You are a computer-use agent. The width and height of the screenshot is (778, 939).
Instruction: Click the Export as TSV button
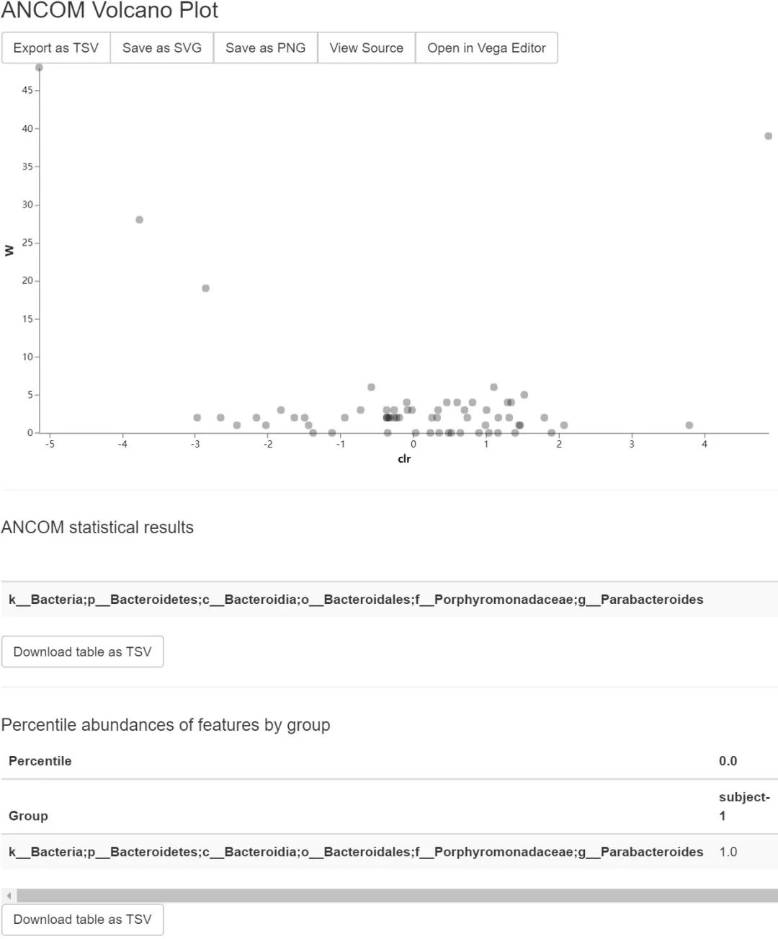tap(55, 48)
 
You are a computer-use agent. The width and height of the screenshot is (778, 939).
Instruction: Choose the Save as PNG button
tap(265, 48)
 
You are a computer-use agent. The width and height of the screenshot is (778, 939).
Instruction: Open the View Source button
tap(366, 48)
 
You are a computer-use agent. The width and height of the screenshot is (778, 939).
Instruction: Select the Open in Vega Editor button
tap(486, 48)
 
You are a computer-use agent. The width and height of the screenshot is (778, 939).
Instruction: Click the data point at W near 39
tap(768, 136)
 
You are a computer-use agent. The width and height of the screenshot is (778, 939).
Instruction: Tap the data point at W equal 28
tap(139, 220)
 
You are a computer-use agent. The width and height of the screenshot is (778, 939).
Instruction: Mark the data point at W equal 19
tap(205, 288)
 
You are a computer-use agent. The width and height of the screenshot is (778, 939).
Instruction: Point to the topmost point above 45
tap(39, 68)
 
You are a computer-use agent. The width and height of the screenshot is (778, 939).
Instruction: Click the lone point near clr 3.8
tap(689, 425)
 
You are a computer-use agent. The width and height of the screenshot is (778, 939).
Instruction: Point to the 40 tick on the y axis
tap(27, 128)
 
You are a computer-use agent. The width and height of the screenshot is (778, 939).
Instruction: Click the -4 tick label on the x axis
tap(122, 445)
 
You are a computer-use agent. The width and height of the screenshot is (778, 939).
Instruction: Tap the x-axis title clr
tap(404, 459)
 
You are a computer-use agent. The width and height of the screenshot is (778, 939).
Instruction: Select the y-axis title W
tap(9, 251)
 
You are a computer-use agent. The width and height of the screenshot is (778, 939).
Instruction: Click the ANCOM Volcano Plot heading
tap(109, 11)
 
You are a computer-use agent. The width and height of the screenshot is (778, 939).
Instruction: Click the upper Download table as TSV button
tap(82, 651)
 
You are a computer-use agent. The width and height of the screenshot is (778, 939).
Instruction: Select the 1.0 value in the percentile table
tap(728, 852)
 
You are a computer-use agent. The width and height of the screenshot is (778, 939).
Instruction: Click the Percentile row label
tap(40, 761)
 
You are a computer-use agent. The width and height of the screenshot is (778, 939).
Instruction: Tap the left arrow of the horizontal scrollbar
tap(9, 896)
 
